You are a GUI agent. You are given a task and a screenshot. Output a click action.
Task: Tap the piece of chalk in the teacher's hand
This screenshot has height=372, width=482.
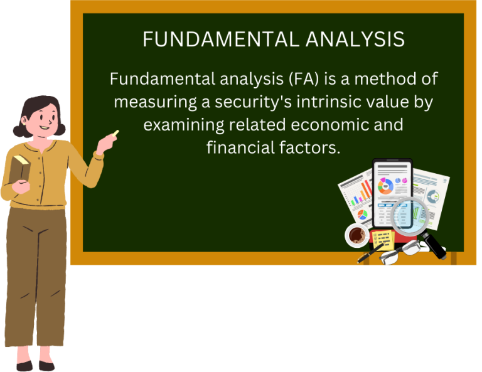[x=115, y=133]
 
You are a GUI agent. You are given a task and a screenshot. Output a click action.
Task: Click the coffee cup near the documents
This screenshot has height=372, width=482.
[x=358, y=235]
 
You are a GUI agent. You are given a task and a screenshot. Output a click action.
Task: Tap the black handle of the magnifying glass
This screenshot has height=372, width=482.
[x=434, y=247]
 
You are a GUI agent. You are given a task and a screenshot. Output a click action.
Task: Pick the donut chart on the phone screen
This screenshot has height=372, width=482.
[x=386, y=185]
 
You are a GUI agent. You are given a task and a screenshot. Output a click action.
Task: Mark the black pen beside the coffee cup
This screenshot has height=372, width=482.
[x=369, y=253]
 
